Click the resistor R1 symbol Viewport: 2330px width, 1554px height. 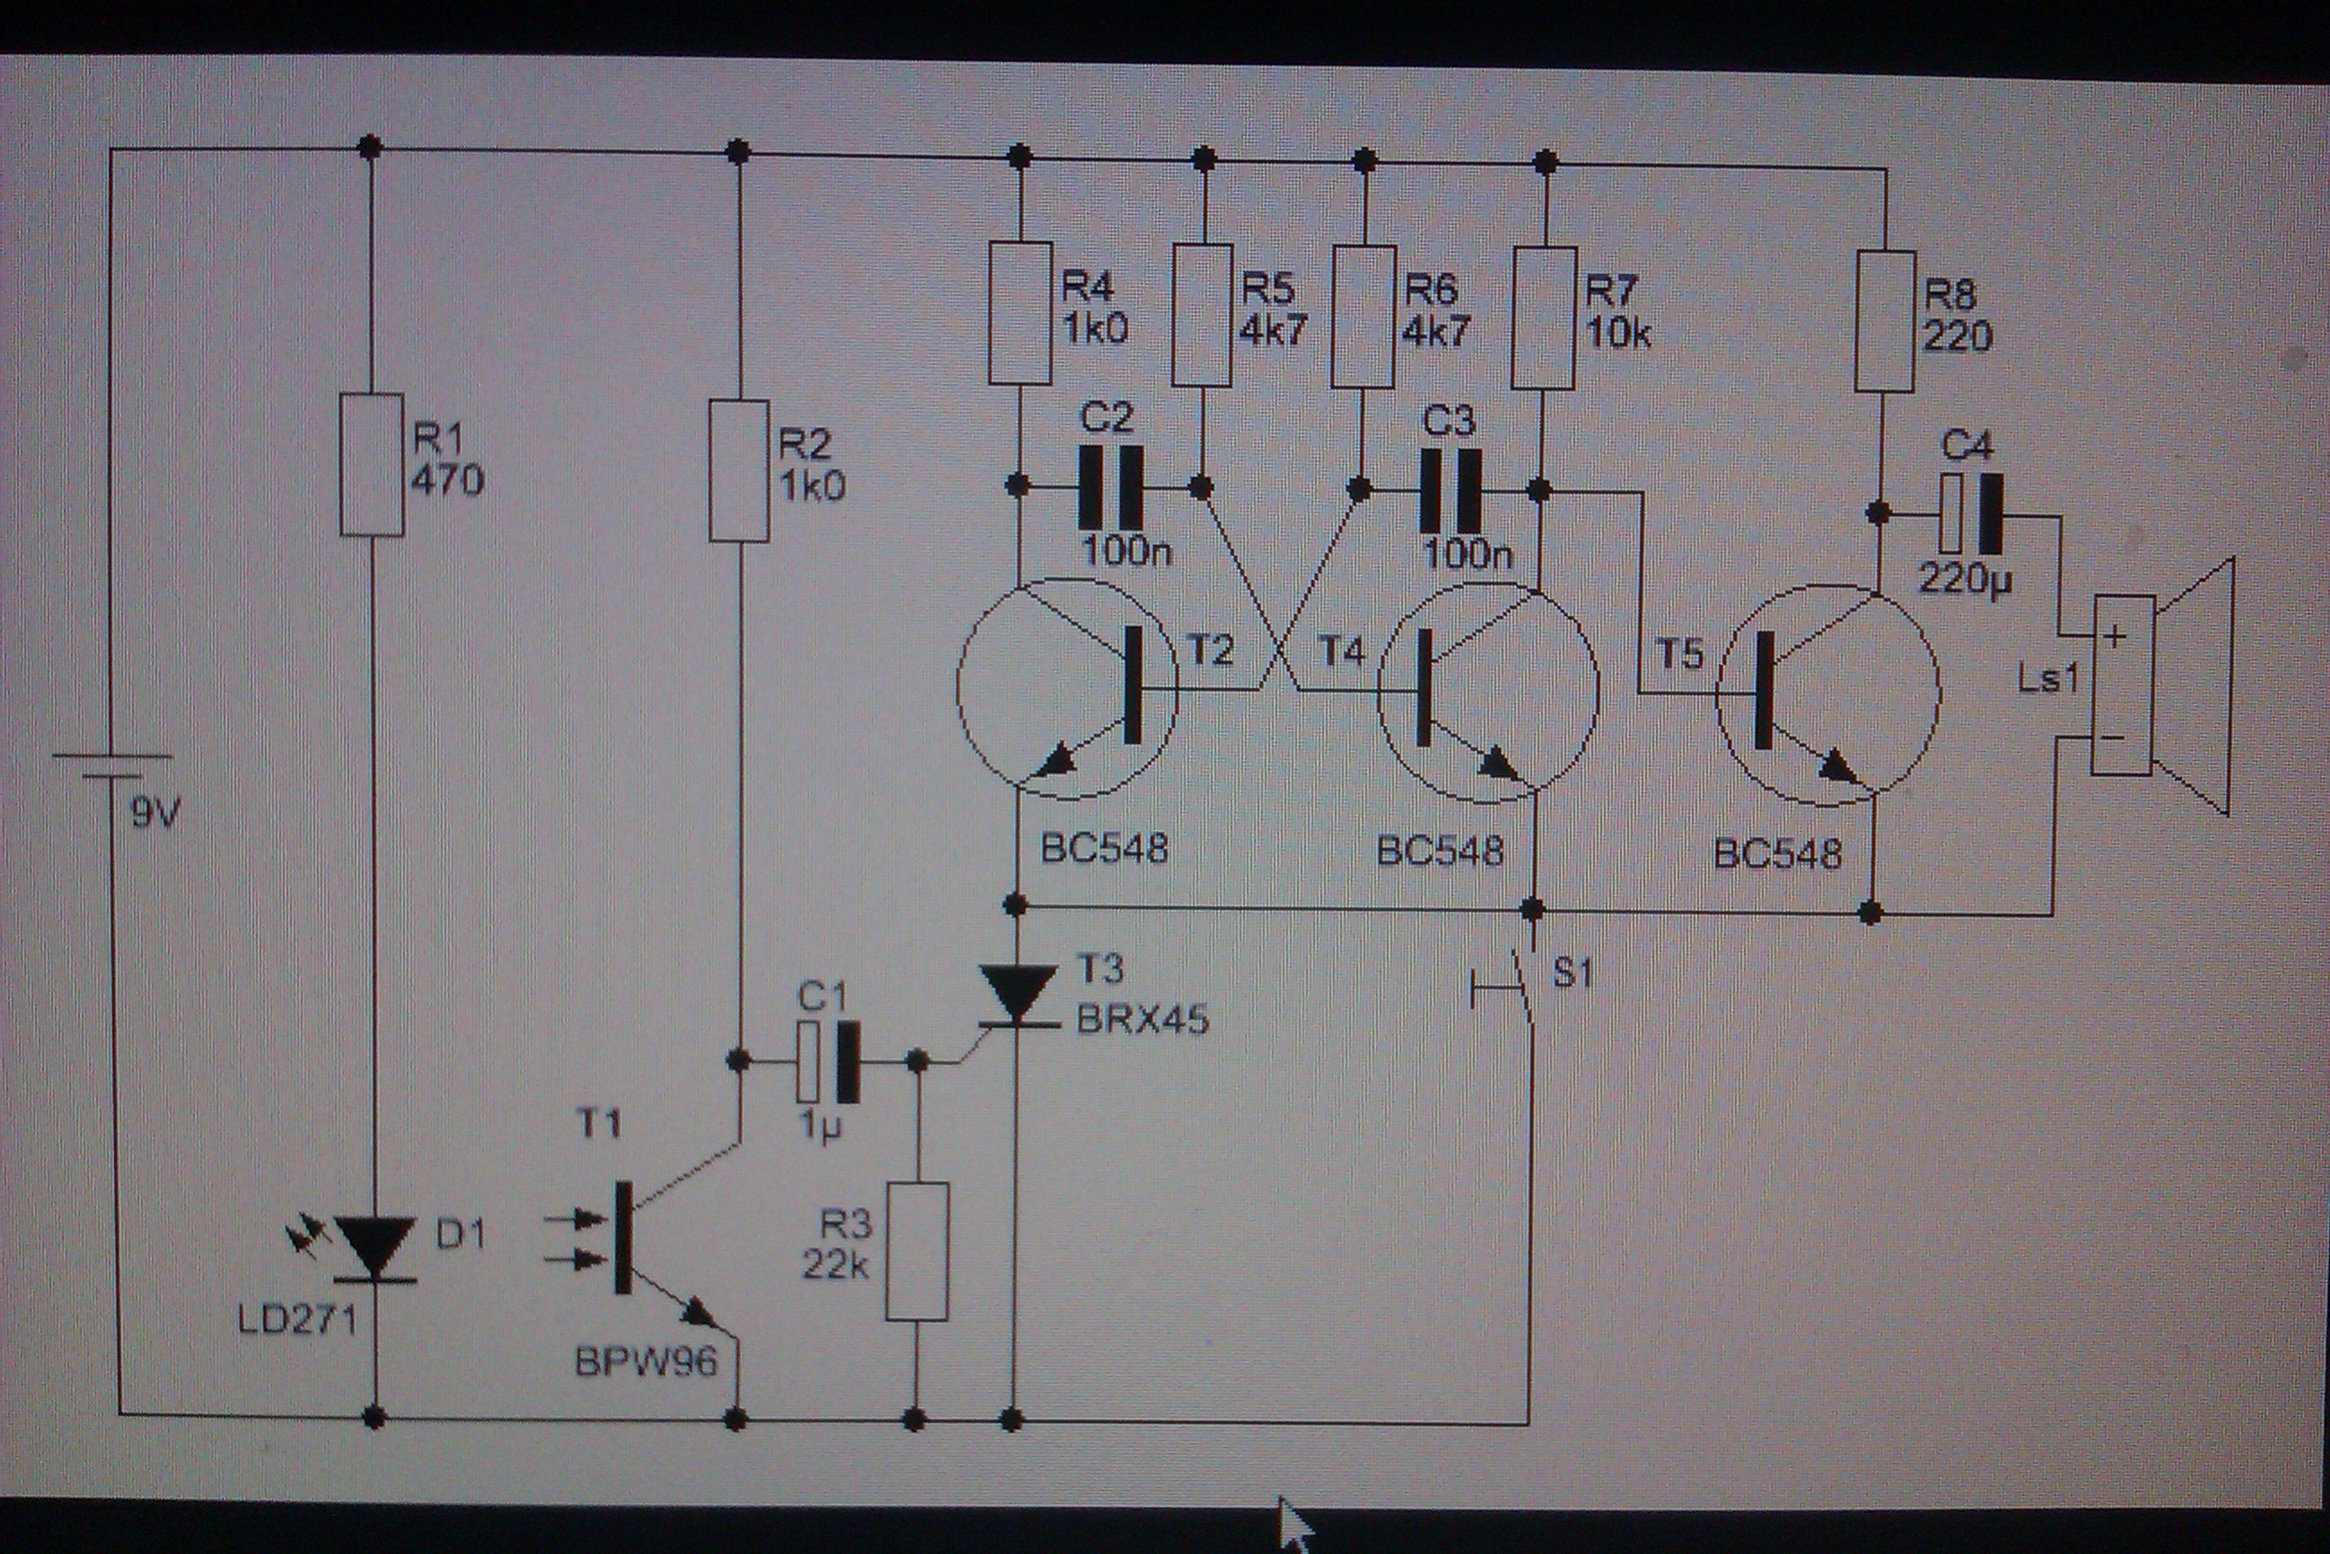371,465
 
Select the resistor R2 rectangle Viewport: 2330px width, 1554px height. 739,470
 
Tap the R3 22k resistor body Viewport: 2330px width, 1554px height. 916,1251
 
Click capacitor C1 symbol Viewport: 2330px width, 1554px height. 828,1062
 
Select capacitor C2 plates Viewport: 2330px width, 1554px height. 1109,487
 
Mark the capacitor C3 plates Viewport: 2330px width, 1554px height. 1450,491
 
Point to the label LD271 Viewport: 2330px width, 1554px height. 298,1320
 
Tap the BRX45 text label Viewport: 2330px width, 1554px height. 1143,1019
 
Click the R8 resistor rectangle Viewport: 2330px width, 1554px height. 1884,321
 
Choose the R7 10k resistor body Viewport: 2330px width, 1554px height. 1544,318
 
